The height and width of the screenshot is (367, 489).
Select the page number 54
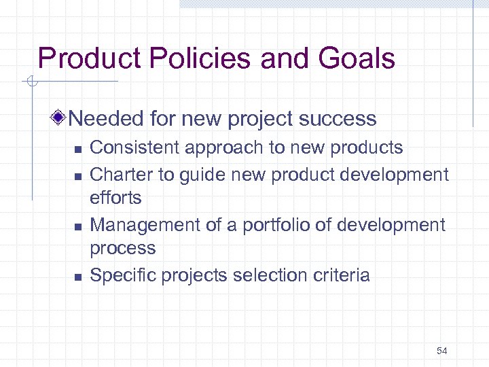(442, 351)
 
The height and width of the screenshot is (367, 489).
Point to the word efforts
(116, 198)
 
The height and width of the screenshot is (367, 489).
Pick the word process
(123, 249)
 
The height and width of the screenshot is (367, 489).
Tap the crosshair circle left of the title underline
(31, 82)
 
